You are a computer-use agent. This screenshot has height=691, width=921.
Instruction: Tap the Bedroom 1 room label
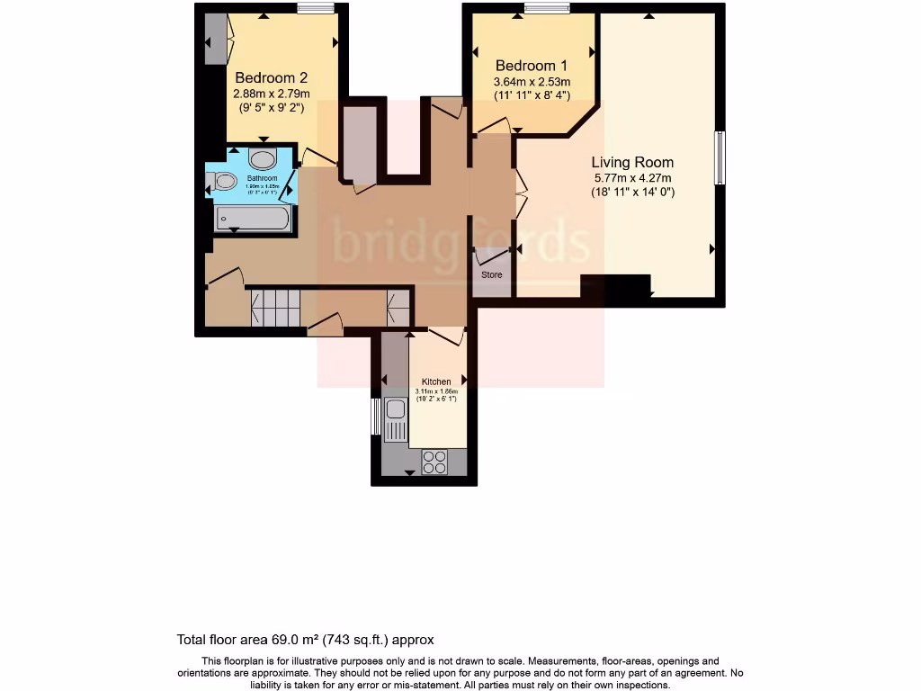coord(532,66)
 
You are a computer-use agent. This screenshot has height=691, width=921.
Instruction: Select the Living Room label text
coord(632,162)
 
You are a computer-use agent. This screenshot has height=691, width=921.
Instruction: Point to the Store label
coord(491,274)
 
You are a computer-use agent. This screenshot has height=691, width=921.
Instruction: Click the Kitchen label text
coord(436,381)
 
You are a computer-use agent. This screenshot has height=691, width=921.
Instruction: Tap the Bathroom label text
coord(263,178)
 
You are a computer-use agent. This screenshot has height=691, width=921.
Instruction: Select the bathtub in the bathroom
coord(253,218)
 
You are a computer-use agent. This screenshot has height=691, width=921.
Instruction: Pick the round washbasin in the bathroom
coord(263,160)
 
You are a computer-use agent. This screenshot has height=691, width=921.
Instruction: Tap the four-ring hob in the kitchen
coord(434,461)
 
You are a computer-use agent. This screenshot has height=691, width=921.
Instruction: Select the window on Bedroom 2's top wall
coord(316,9)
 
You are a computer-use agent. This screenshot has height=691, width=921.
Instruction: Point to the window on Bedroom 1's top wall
coord(547,9)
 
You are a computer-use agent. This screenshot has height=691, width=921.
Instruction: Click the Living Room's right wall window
coord(719,158)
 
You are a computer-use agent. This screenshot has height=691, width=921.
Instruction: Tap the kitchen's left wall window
coord(376,416)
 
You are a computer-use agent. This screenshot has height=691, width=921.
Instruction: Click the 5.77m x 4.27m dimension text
coord(632,177)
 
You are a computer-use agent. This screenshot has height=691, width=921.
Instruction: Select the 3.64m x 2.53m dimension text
coord(532,82)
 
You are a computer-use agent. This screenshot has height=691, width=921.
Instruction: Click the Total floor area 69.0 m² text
coord(305,640)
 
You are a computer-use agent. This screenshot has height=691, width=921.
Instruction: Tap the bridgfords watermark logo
coord(460,241)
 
